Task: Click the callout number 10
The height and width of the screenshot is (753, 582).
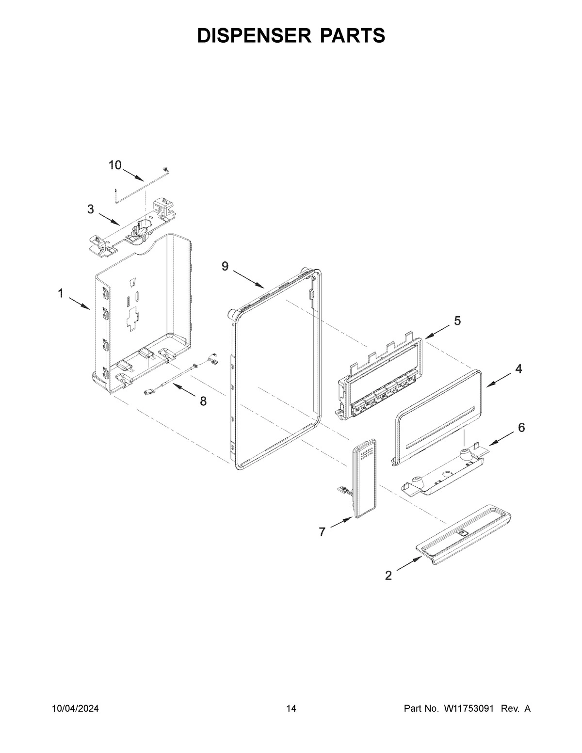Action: click(115, 165)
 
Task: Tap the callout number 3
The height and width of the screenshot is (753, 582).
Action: click(91, 209)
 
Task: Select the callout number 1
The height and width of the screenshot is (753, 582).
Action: click(61, 293)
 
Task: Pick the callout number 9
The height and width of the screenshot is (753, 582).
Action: click(225, 266)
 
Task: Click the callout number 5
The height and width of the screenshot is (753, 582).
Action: click(457, 320)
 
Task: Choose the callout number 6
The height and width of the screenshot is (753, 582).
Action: click(521, 427)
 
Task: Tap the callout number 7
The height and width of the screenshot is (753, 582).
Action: click(322, 532)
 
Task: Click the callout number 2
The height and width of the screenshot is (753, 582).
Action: click(388, 576)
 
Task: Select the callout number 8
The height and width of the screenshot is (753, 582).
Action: click(203, 401)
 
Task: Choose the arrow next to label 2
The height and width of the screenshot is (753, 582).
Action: click(409, 565)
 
